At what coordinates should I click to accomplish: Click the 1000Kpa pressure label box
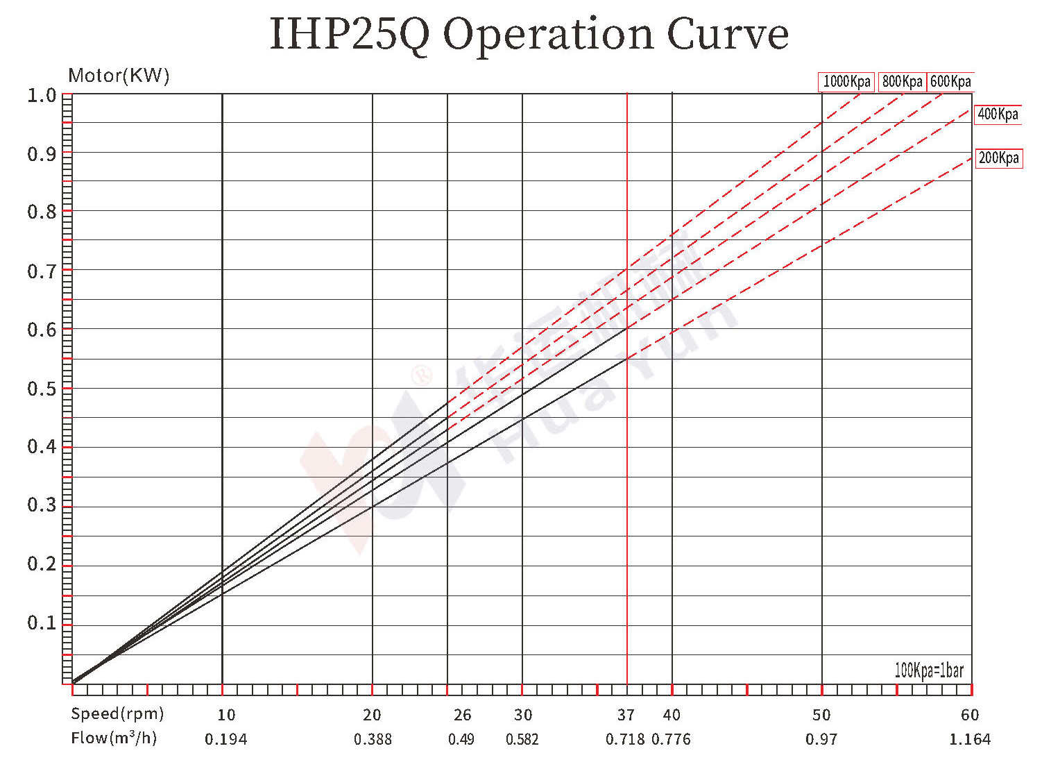[846, 82]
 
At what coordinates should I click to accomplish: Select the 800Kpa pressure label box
[902, 82]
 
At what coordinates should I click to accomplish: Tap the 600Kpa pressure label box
[950, 82]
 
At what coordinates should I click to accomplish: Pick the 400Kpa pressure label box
[998, 115]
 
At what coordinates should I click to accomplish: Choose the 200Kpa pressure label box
[998, 158]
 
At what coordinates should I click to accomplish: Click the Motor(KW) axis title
[119, 76]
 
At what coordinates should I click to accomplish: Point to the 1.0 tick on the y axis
[42, 95]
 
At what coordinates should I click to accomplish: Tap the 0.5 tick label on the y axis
[42, 389]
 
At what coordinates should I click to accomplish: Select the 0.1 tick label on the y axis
[42, 623]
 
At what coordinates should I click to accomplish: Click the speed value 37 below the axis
[626, 715]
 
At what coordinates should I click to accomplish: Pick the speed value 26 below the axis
[462, 715]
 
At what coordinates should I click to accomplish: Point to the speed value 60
[969, 715]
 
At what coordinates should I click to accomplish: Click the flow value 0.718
[625, 739]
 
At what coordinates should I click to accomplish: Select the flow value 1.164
[969, 739]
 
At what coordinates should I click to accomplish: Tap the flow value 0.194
[225, 739]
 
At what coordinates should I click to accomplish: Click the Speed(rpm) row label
[117, 713]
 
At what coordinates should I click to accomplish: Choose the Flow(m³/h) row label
[114, 738]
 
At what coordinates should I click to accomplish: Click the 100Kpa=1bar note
[928, 670]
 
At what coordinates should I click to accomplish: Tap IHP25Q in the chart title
[349, 35]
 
